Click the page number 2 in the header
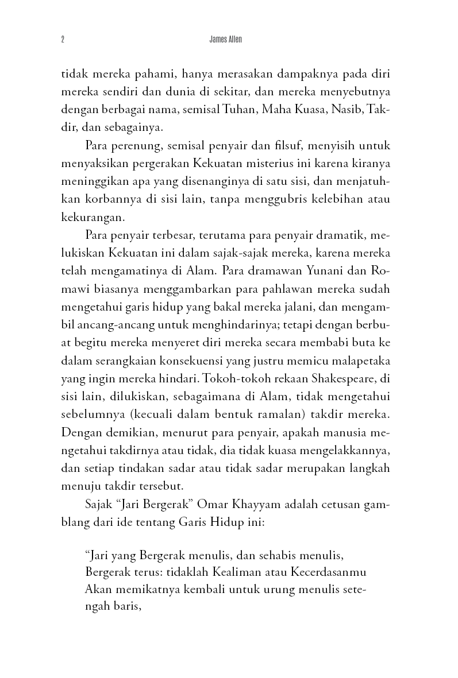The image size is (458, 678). pyautogui.click(x=61, y=40)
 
